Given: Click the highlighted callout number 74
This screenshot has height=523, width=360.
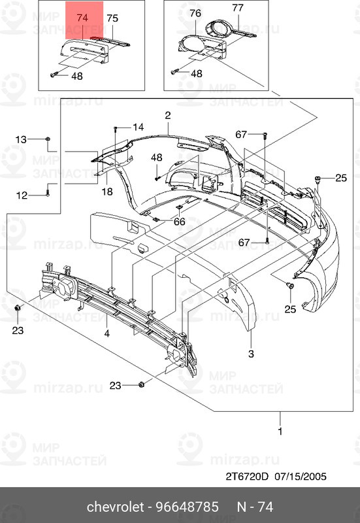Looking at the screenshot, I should coord(82,18).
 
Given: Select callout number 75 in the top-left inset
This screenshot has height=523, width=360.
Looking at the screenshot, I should coord(112,18).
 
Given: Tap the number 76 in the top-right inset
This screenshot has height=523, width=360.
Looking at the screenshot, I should coord(195,13).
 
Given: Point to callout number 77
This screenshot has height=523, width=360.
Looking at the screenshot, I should coord(238,8).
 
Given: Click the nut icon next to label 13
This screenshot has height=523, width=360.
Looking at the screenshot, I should coord(49,139).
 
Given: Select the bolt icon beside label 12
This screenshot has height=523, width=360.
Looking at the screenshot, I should coord(49,192).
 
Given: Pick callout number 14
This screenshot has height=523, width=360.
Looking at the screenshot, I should coord(138,127).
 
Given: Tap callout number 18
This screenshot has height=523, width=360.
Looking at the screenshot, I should coord(107,192).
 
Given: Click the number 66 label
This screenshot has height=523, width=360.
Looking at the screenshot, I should coord(179,222).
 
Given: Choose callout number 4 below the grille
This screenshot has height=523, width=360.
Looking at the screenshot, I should coord(107,333).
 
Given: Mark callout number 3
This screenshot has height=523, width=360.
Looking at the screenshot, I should coord(250,354).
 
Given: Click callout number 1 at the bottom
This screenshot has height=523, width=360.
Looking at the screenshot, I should coord(281,431).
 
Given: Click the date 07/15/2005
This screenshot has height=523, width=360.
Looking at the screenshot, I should coord(301,476).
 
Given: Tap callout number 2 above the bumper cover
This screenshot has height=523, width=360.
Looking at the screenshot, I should coord(167,115).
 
